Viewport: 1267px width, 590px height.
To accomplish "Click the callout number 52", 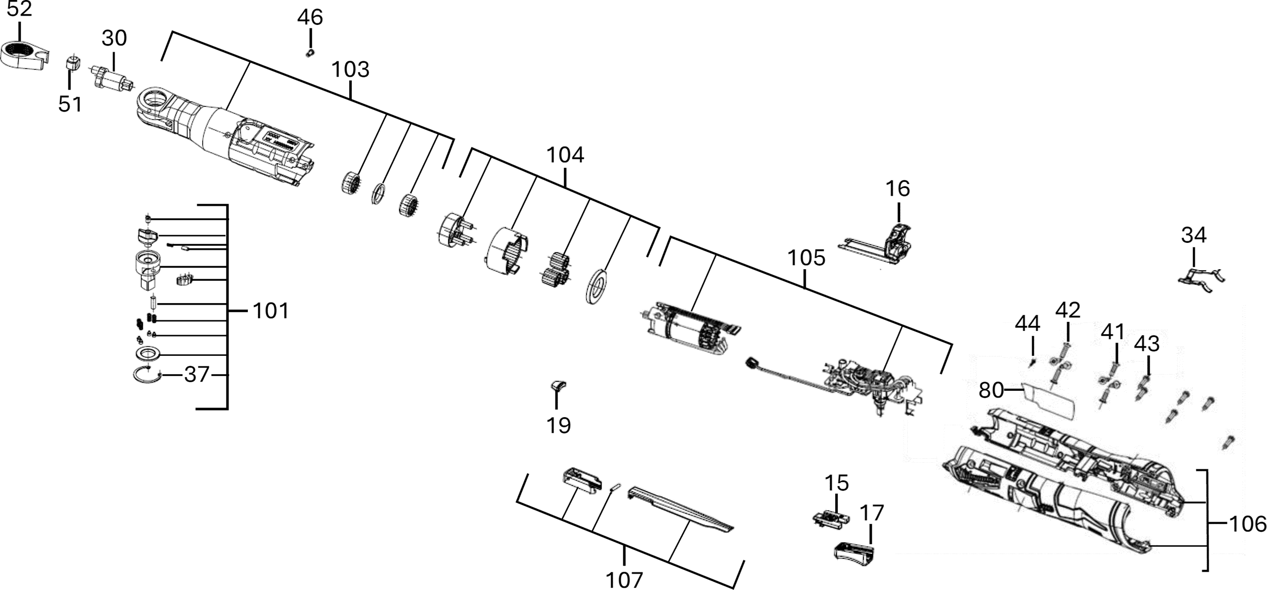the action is click(19, 9).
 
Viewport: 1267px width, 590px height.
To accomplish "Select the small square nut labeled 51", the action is click(73, 65).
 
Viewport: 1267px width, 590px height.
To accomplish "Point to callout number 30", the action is click(114, 38).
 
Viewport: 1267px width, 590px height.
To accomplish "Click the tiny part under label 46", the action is click(310, 53).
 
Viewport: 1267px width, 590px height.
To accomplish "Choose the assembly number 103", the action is click(350, 69).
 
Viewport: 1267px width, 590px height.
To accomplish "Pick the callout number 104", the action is click(565, 155).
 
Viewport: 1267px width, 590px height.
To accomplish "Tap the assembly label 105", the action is click(806, 258).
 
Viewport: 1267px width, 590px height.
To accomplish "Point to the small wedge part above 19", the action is click(558, 386).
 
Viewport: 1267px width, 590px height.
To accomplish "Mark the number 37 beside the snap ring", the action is click(197, 375).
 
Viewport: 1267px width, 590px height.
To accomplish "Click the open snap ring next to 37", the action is click(147, 376).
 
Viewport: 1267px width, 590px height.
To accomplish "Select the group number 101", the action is click(271, 311).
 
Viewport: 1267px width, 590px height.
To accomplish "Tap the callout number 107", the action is click(624, 580).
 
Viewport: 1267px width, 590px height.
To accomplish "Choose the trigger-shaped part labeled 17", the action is click(854, 553).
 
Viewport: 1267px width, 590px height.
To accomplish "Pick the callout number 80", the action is click(991, 390).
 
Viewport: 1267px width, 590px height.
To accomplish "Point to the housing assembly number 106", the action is click(1248, 524).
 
